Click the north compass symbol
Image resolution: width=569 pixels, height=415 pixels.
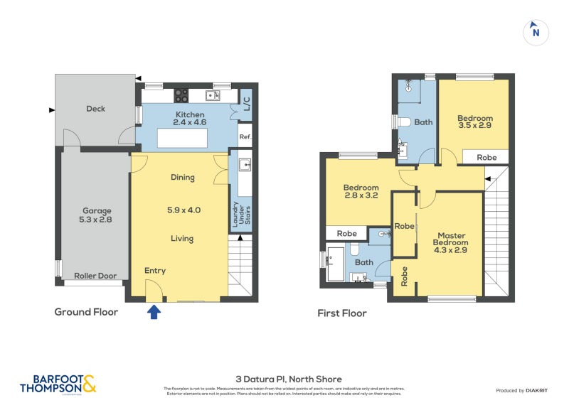(536, 32)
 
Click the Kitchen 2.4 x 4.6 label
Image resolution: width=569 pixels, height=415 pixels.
(189, 119)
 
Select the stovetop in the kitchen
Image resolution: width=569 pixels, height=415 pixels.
(181, 95)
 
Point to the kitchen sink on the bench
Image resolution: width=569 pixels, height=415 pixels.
(211, 95)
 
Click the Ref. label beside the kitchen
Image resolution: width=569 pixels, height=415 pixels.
(245, 137)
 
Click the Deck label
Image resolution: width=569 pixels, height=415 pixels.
(96, 109)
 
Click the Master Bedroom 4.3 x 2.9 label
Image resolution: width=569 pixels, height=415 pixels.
(452, 243)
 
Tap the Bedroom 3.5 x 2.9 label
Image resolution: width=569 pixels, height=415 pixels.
(474, 122)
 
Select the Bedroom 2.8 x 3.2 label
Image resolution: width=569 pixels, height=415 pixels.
(361, 193)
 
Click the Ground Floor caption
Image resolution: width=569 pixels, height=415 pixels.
(86, 312)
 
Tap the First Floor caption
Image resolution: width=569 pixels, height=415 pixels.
(342, 313)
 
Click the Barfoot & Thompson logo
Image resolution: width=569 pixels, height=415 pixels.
(58, 384)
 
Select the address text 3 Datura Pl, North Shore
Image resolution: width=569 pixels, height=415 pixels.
(289, 379)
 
